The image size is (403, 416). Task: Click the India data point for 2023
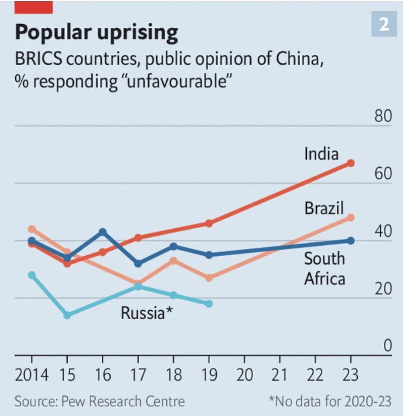(351, 163)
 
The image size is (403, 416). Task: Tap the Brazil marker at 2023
(351, 218)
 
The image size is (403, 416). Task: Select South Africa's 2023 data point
(351, 241)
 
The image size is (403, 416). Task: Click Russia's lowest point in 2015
(67, 315)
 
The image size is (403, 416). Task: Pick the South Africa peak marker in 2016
(103, 232)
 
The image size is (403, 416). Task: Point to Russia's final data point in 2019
(209, 304)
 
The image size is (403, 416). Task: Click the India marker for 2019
(209, 223)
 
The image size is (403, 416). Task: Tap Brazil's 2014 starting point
(32, 229)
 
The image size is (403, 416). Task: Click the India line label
(321, 154)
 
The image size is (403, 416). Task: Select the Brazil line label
(324, 208)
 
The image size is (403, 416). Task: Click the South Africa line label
(324, 269)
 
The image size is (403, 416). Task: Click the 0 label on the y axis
(388, 346)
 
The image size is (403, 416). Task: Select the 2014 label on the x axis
(32, 375)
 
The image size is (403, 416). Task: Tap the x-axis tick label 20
(244, 375)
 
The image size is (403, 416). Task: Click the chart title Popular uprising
(96, 32)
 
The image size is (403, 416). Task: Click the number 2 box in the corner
(384, 25)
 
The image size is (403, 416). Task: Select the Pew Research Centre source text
(99, 401)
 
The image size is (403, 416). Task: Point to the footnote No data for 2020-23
(331, 401)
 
